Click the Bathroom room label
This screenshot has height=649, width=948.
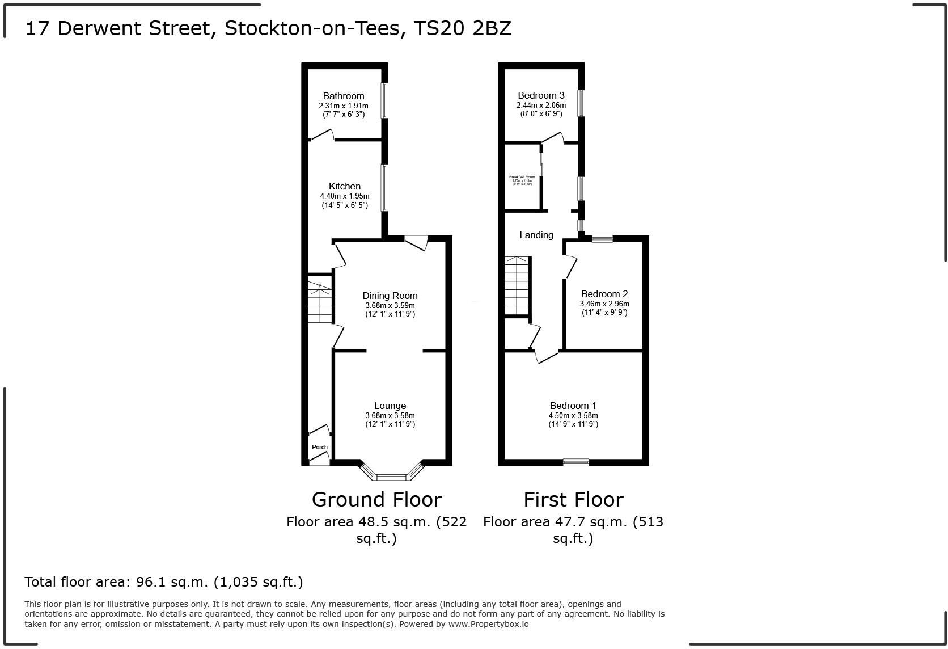[x=344, y=96]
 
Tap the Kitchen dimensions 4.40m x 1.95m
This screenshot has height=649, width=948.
[x=344, y=196]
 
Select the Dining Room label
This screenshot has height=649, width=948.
[x=390, y=296]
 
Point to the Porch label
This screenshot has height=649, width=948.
[x=320, y=447]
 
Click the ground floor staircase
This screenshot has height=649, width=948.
[x=319, y=301]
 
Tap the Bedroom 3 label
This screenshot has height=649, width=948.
[x=541, y=95]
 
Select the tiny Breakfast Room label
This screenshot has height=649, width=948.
[x=522, y=177]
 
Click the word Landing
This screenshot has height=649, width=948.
[x=536, y=235]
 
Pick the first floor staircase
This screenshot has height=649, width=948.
[x=517, y=286]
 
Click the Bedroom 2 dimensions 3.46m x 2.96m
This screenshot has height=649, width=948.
[x=604, y=304]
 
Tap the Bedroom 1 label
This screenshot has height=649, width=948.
[x=573, y=406]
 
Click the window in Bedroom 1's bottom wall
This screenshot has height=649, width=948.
[x=576, y=462]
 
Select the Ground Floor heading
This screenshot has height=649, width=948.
[x=376, y=500]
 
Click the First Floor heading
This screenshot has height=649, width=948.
[x=573, y=500]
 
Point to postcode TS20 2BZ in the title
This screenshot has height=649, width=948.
[x=463, y=28]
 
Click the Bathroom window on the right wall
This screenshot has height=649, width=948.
[x=384, y=101]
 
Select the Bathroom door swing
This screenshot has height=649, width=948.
[x=321, y=135]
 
